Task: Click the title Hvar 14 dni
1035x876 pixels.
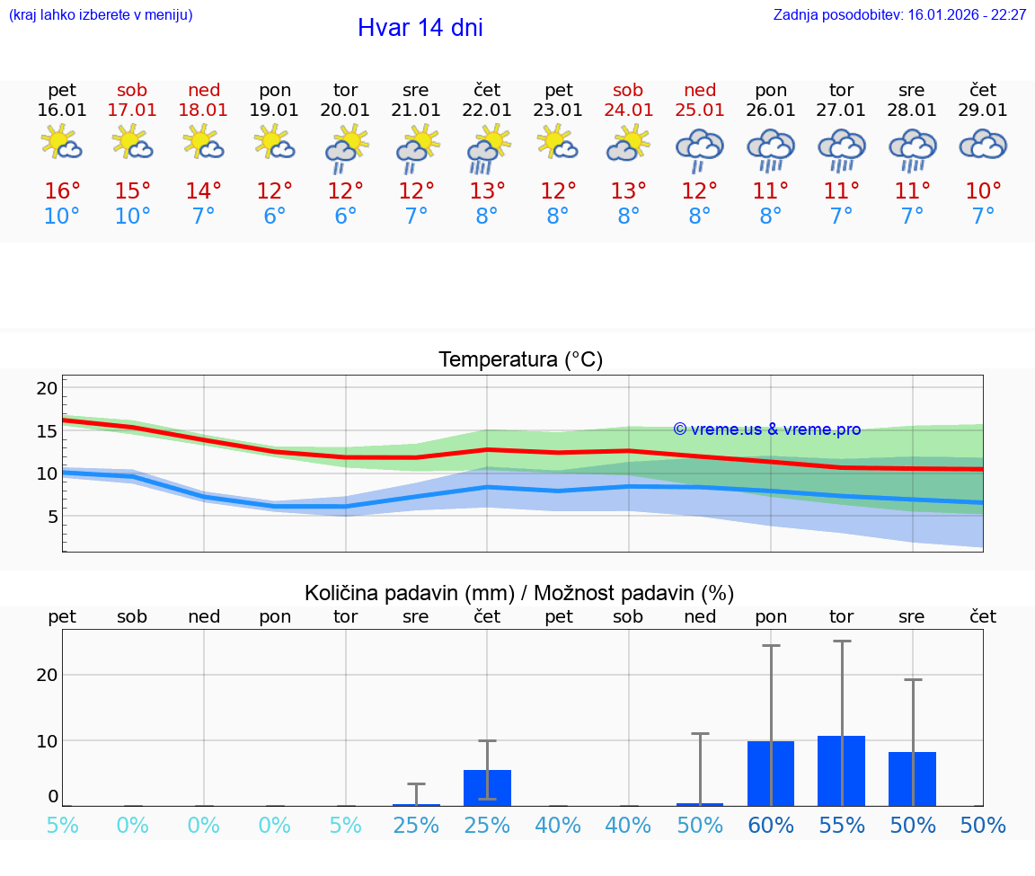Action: [420, 28]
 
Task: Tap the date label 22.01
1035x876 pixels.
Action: [487, 111]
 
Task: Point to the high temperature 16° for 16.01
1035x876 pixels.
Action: [62, 191]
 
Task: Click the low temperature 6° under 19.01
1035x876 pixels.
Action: [275, 217]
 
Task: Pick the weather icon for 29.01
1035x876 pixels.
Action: [983, 145]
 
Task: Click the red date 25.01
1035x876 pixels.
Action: [700, 111]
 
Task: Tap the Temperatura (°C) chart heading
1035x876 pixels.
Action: [520, 360]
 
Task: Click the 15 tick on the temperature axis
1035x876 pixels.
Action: [47, 431]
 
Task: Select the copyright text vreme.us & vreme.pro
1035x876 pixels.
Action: [767, 429]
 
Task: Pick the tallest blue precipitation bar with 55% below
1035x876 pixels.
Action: [841, 771]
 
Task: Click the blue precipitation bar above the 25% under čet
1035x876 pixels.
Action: [487, 787]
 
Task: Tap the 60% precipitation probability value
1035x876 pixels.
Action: [771, 826]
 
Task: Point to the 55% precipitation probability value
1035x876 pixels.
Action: [842, 826]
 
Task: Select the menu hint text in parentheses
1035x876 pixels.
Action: [100, 15]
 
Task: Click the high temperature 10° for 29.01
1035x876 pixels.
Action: [983, 191]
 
